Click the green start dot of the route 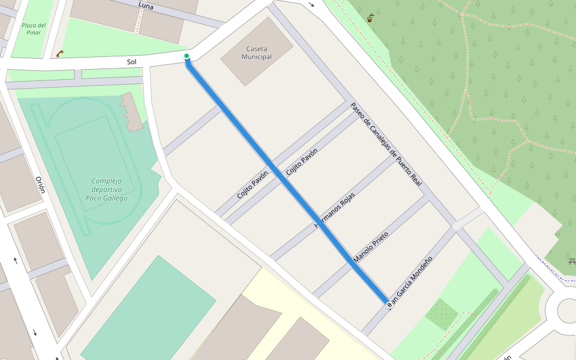pos(187,56)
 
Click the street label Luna pos(146,5)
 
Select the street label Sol pos(132,62)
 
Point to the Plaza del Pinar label pos(34,29)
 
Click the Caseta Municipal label pos(256,53)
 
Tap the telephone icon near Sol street pos(60,53)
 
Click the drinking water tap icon pos(370,18)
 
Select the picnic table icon pos(572,260)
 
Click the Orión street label pos(40,186)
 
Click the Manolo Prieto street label pos(371,247)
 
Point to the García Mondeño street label pos(412,278)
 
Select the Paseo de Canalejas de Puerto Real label pos(387,142)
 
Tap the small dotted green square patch pos(442,314)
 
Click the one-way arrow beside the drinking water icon pos(311,5)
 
